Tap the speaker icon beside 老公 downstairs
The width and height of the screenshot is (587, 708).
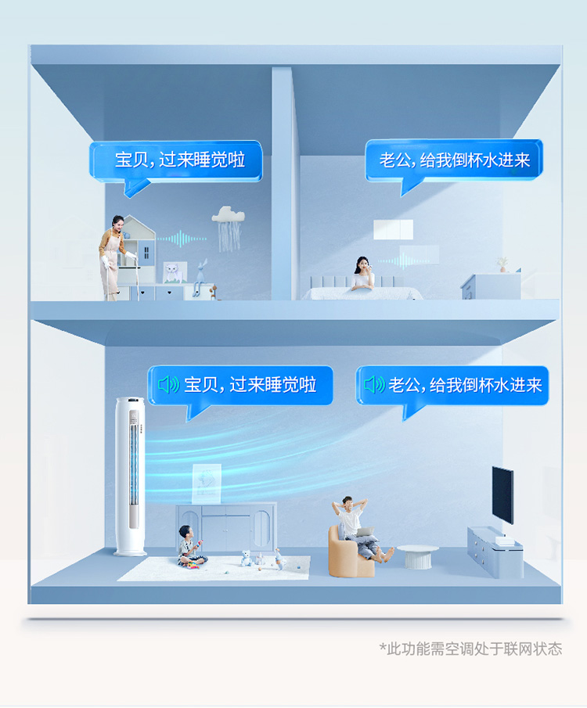(374, 385)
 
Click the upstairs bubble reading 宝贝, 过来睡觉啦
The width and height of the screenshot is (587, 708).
(177, 160)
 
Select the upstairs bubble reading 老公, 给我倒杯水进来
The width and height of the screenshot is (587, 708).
(453, 160)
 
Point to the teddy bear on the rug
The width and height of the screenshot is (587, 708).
(246, 558)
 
